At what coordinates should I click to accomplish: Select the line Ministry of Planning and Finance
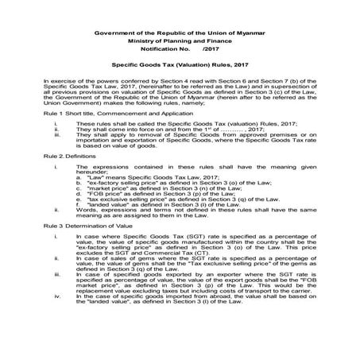tap(180, 39)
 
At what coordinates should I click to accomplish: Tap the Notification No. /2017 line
tap(180, 47)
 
